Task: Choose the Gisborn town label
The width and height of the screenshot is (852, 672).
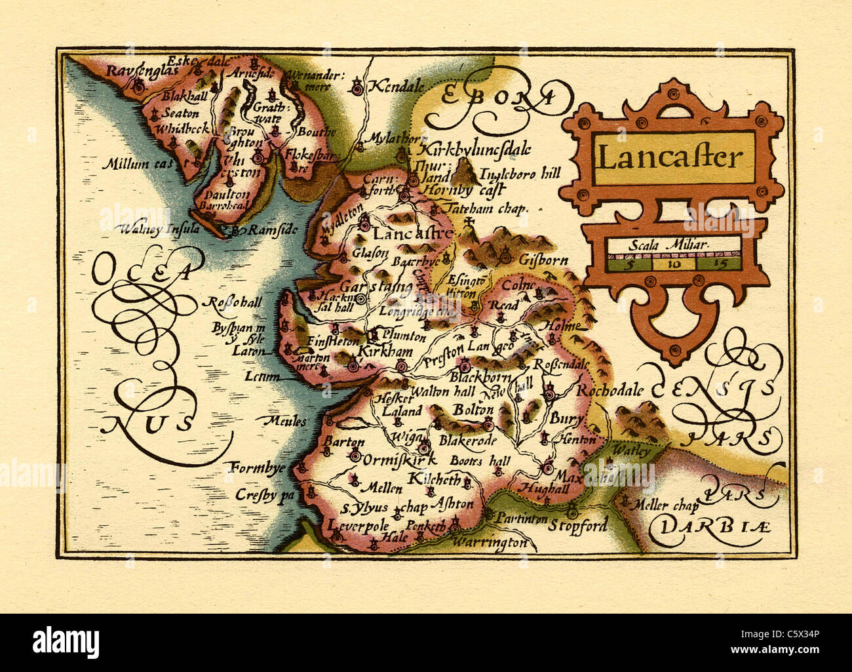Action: (543, 260)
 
